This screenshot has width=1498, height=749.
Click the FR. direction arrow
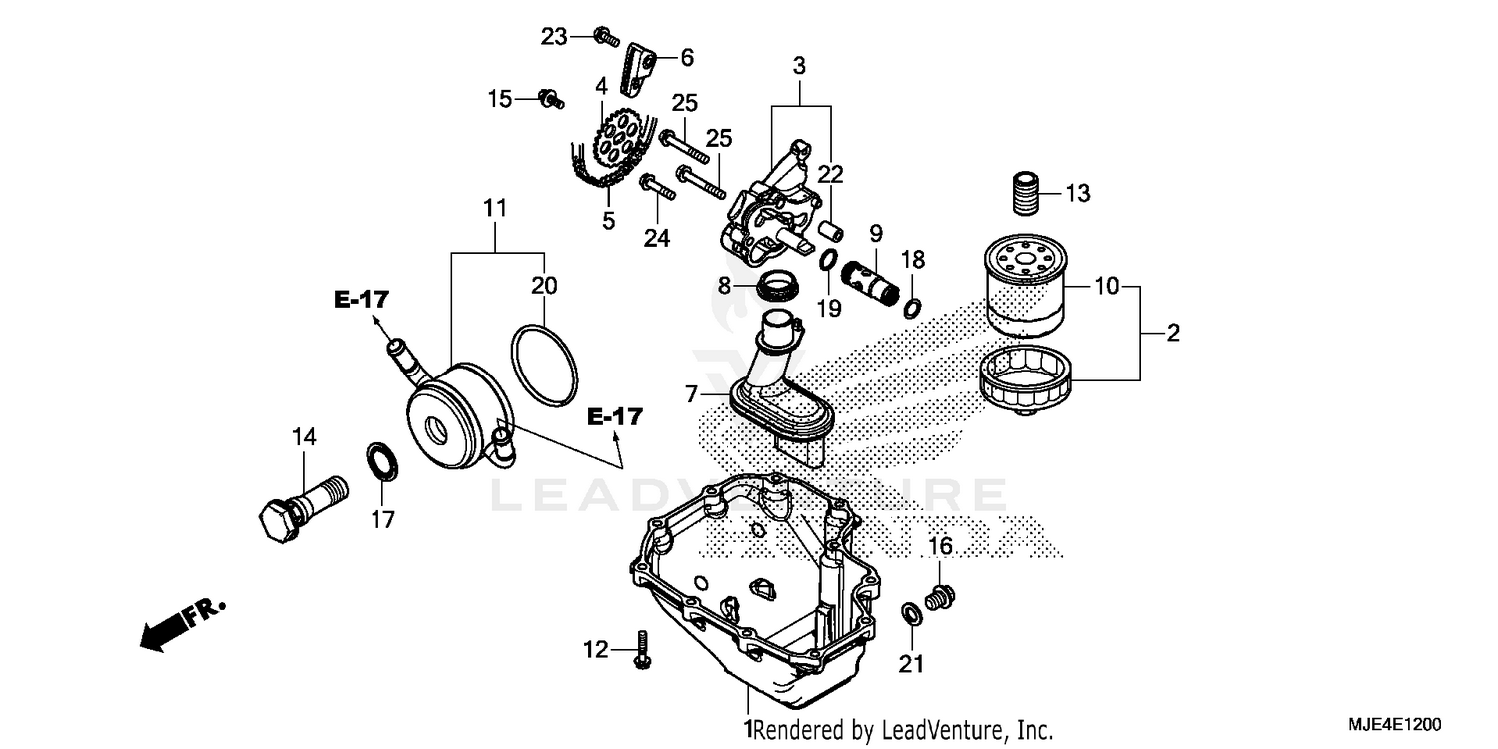[x=180, y=625]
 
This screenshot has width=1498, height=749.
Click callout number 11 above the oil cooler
[x=495, y=209]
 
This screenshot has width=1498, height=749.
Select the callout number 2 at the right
[x=1172, y=333]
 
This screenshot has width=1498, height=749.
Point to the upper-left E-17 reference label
[x=362, y=298]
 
